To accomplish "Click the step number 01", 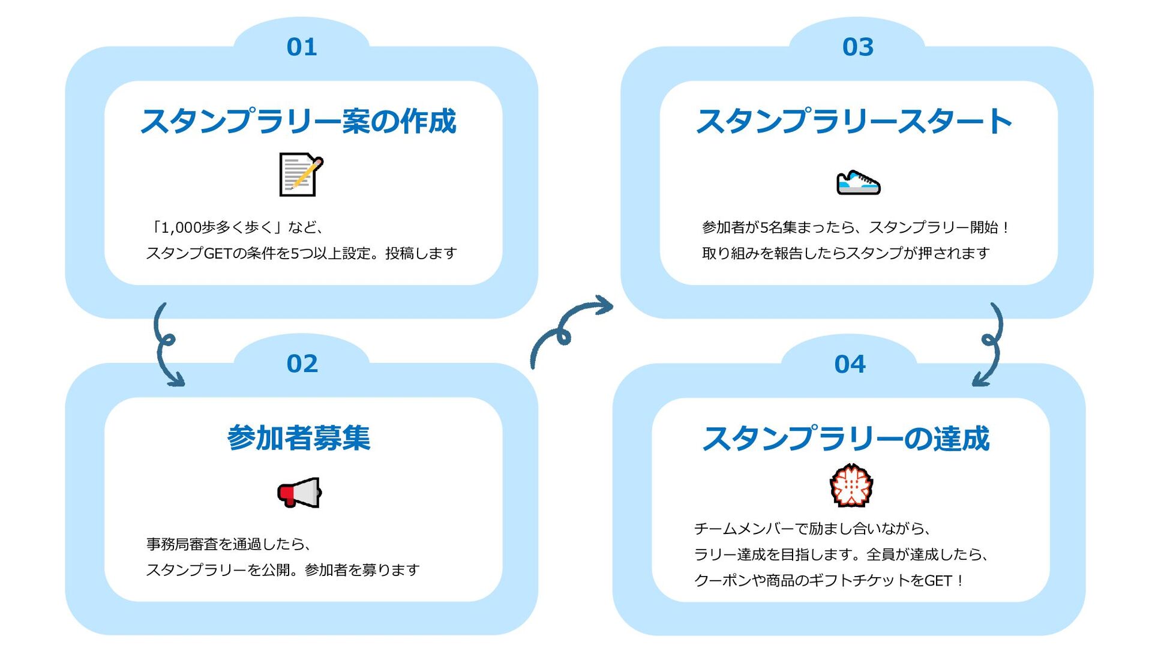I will (x=301, y=47).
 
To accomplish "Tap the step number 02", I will (x=302, y=364).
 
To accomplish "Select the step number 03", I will (x=857, y=47).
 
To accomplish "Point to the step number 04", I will (x=850, y=364).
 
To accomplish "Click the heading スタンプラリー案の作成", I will (x=298, y=121).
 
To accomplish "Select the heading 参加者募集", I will (x=299, y=438).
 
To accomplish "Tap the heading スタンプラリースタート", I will (x=854, y=121).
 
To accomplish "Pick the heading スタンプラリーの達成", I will (x=846, y=439).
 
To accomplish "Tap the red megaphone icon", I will (x=299, y=493).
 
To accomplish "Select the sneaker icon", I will (x=858, y=182).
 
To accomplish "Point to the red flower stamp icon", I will (x=851, y=485).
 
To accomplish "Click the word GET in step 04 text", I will (x=938, y=580).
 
